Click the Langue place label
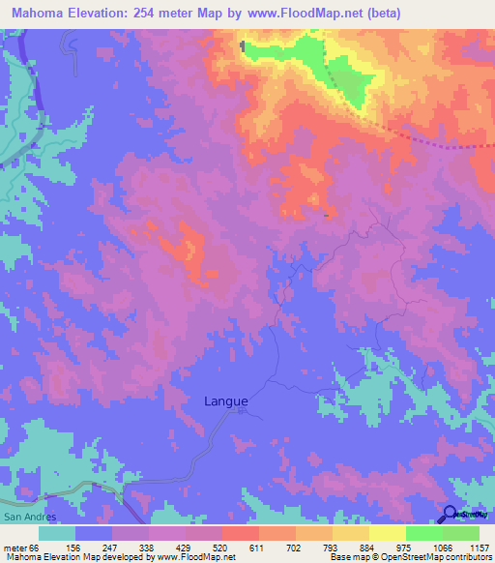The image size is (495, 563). (x=226, y=400)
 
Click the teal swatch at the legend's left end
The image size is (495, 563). (x=57, y=533)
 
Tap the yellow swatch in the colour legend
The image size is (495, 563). (x=387, y=533)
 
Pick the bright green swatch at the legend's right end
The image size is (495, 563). (x=460, y=533)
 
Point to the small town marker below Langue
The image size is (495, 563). (x=241, y=411)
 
